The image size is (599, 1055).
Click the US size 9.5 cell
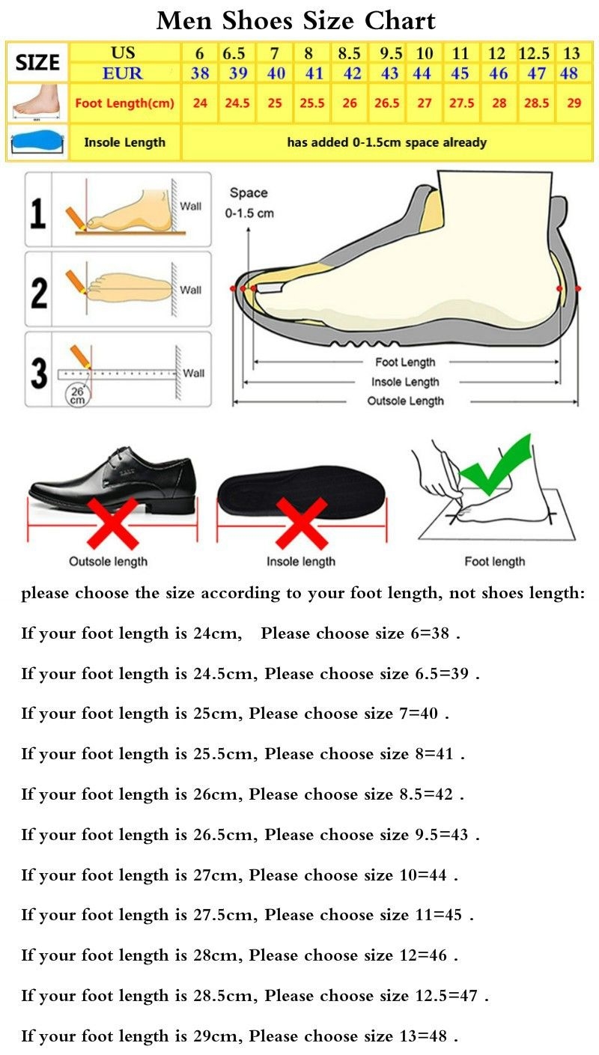(x=391, y=53)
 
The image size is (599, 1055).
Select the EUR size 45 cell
(x=460, y=73)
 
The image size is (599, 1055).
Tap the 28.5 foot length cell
(x=536, y=103)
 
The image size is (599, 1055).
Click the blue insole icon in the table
(x=37, y=142)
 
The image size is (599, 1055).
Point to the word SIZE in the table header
(x=37, y=62)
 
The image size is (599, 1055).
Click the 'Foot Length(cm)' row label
(x=125, y=103)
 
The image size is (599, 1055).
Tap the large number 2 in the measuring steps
(x=39, y=293)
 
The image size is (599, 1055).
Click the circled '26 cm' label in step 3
(x=77, y=395)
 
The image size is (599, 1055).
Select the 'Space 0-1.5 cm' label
(x=249, y=203)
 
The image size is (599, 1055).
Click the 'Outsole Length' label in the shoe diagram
(x=406, y=401)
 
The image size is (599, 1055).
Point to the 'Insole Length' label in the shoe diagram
(x=405, y=382)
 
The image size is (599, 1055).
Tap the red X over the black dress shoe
(x=113, y=523)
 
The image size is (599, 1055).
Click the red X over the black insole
(x=302, y=523)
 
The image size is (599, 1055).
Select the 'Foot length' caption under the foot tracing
(x=494, y=562)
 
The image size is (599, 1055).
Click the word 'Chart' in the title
(x=401, y=21)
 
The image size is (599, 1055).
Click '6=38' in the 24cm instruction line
(x=430, y=633)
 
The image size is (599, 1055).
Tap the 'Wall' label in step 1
(x=191, y=207)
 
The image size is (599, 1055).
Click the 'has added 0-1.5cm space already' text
(x=386, y=142)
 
